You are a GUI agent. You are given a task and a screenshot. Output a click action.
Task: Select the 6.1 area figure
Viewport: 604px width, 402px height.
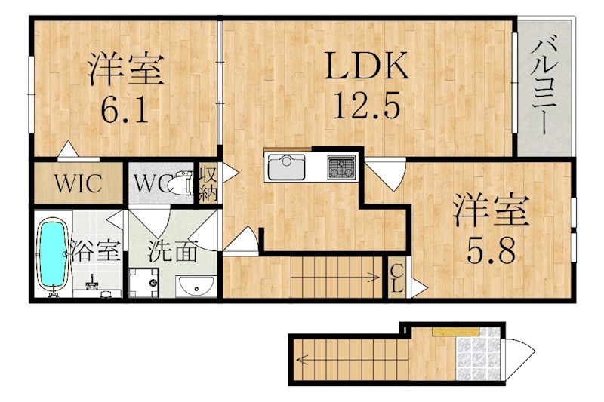(x=125, y=110)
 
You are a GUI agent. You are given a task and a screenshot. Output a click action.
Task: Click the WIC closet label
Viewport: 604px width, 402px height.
(x=77, y=185)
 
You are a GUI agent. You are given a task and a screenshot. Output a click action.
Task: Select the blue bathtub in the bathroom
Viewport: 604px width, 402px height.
(x=52, y=253)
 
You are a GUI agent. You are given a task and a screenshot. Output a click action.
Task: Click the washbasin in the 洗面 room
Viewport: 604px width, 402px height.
(x=197, y=287)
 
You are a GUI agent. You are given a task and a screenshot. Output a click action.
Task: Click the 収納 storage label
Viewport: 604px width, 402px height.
(x=208, y=184)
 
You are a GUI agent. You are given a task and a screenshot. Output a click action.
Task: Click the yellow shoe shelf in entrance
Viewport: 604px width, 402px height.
(x=454, y=330)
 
